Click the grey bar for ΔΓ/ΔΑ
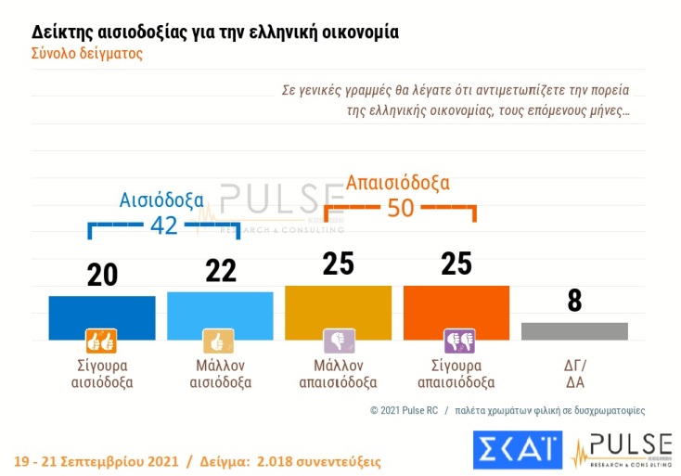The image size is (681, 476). (574, 331)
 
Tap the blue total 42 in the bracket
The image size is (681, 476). (163, 226)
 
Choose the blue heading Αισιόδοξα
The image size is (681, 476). (163, 199)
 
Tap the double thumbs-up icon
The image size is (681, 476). (100, 341)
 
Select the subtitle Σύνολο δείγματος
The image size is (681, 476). (88, 53)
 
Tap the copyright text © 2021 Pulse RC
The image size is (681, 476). (404, 409)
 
